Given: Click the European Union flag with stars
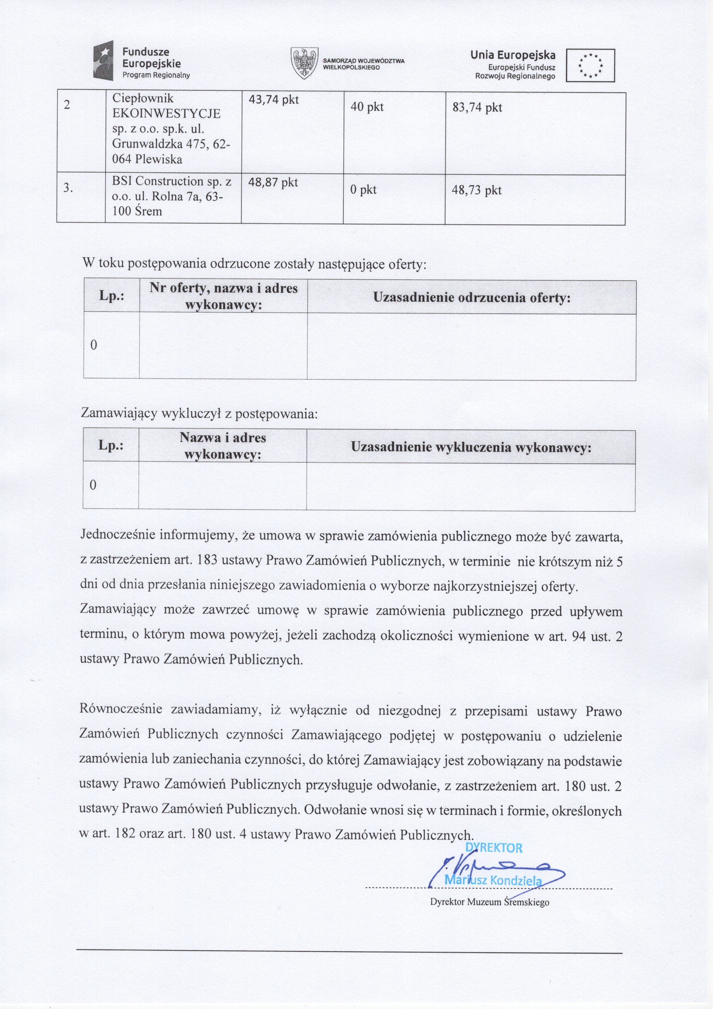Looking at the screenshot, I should (590, 66).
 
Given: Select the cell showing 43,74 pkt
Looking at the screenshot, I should (273, 100).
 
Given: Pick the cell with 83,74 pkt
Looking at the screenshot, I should (477, 107).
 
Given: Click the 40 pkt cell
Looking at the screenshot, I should (367, 107).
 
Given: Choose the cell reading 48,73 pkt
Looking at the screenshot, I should (476, 190).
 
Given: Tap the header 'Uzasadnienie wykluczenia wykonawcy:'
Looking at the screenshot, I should (471, 447).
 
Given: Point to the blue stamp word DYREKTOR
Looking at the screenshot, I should (494, 848).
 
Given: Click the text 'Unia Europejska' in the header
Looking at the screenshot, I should (513, 55).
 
